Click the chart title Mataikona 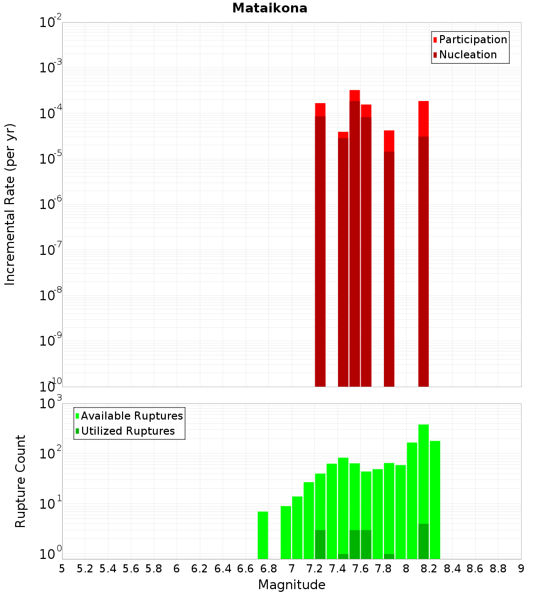point(269,8)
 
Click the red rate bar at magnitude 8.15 point(423,243)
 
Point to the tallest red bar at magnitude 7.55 point(355,238)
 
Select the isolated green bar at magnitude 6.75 point(263,535)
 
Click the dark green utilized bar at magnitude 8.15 point(423,542)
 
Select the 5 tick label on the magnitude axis point(62,569)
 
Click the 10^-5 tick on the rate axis point(50,159)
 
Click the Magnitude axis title point(292,585)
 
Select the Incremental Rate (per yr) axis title point(10,204)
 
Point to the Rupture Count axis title point(21,481)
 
